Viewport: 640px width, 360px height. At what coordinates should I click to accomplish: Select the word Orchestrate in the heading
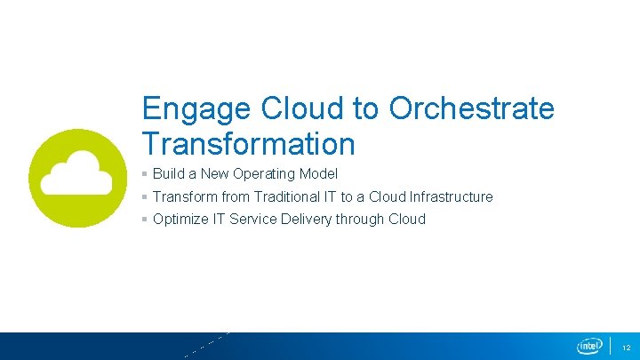click(x=471, y=109)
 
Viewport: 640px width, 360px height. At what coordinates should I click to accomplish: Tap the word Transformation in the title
click(x=248, y=143)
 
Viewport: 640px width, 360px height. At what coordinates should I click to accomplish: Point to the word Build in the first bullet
click(x=168, y=173)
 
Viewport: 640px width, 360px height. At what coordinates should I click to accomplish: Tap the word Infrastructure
click(x=451, y=196)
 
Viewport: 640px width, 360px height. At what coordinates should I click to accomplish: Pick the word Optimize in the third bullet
click(x=180, y=219)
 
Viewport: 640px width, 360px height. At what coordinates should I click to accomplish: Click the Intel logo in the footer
click(x=589, y=346)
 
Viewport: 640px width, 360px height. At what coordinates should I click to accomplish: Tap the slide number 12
click(x=626, y=347)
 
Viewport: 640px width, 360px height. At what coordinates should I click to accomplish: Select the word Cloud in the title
click(x=302, y=109)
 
